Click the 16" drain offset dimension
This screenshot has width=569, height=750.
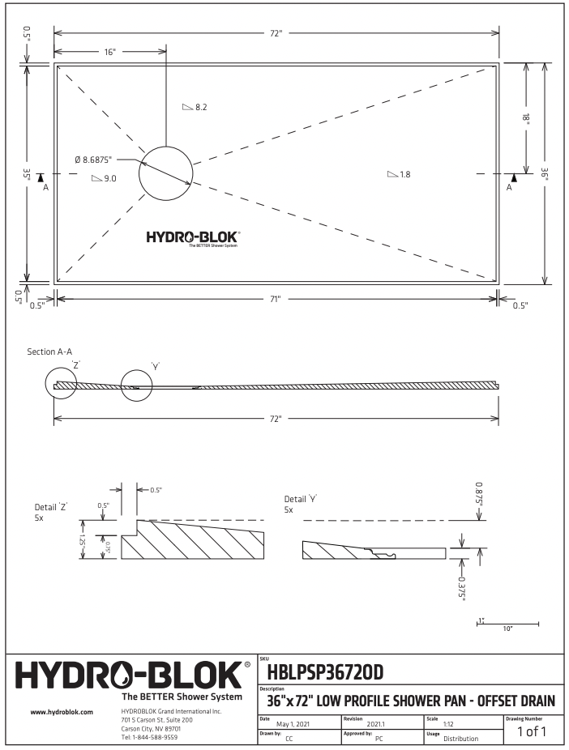(109, 52)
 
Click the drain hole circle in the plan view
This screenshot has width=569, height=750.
(165, 173)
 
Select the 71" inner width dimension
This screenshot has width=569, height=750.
(276, 300)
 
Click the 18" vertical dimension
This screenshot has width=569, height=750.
(526, 117)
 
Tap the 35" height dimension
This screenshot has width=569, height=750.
(27, 173)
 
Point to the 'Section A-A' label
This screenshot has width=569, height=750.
(49, 352)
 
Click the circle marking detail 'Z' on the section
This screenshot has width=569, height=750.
(62, 382)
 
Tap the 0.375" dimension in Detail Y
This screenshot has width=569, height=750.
(461, 586)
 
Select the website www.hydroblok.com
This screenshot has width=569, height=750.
(62, 712)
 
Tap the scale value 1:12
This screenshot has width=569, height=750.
(448, 723)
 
